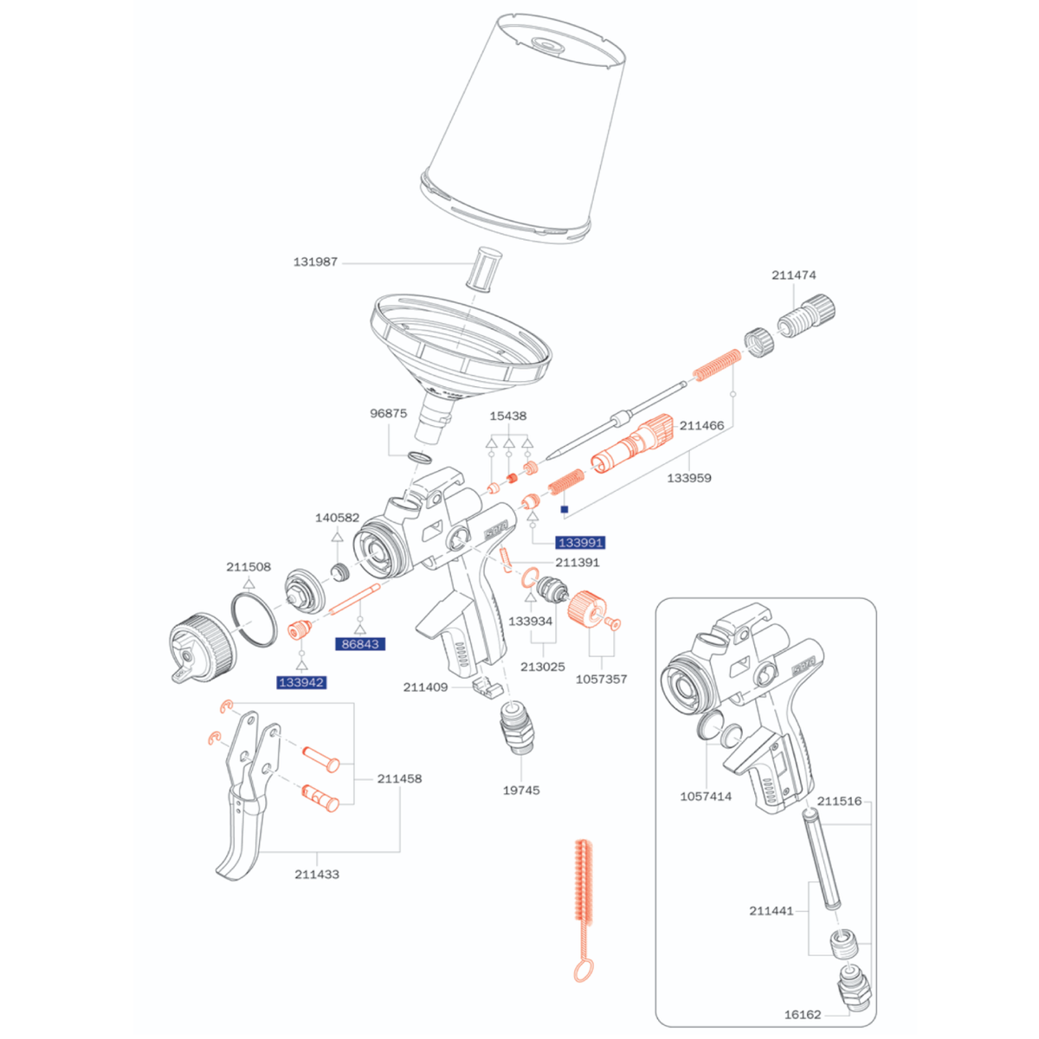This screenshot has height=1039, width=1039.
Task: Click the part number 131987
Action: [315, 262]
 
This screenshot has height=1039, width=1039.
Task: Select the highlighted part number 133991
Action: [580, 542]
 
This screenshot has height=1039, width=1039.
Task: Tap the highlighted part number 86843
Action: [360, 644]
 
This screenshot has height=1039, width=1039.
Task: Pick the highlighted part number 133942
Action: [301, 682]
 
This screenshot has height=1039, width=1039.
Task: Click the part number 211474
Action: [794, 275]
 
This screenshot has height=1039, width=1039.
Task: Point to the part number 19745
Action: [521, 791]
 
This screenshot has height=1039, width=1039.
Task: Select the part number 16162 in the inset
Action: [803, 1015]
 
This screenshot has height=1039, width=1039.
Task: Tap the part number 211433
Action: [317, 874]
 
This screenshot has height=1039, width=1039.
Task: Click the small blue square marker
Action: [565, 509]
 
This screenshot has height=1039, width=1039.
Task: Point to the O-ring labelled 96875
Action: [419, 458]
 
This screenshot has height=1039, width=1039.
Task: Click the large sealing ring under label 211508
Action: [254, 619]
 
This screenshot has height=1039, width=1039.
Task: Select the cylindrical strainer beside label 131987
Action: [484, 270]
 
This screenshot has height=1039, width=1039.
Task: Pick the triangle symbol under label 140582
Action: [337, 537]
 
